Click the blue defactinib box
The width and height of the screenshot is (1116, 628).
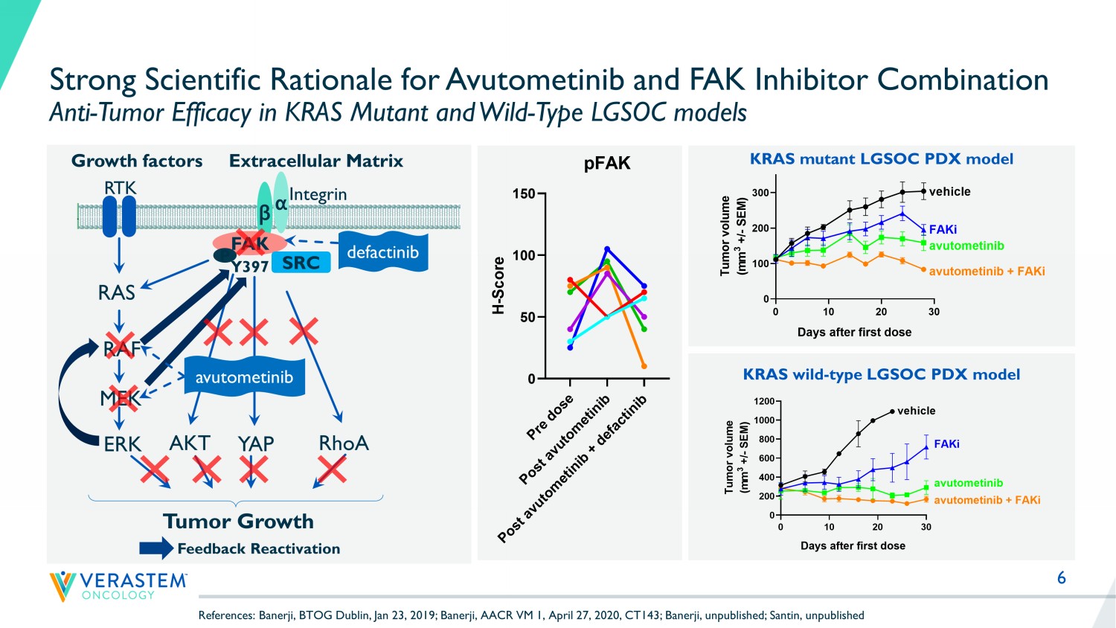382,252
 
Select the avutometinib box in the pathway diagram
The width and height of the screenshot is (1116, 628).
244,377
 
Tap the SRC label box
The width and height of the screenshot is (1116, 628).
301,263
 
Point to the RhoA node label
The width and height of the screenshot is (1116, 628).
343,443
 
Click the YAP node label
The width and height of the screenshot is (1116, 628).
256,443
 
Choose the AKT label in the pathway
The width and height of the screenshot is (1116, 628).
190,443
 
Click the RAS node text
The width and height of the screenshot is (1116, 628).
117,292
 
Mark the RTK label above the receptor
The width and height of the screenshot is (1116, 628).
120,188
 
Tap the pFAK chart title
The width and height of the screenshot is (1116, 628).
607,164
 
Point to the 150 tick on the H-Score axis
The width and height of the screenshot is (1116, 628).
524,194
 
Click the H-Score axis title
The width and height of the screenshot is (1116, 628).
499,285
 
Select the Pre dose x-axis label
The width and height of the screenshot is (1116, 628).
550,417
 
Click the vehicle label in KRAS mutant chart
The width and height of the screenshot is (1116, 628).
949,192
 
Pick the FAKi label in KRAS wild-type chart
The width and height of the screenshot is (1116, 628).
946,443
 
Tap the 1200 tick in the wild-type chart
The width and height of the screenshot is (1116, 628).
764,402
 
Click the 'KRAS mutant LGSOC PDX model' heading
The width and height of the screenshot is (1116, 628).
882,158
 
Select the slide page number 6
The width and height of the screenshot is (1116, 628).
1062,578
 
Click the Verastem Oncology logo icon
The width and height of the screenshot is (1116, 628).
62,586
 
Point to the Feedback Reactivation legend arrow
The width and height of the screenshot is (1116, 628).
156,549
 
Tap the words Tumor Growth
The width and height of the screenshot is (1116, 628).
238,521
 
